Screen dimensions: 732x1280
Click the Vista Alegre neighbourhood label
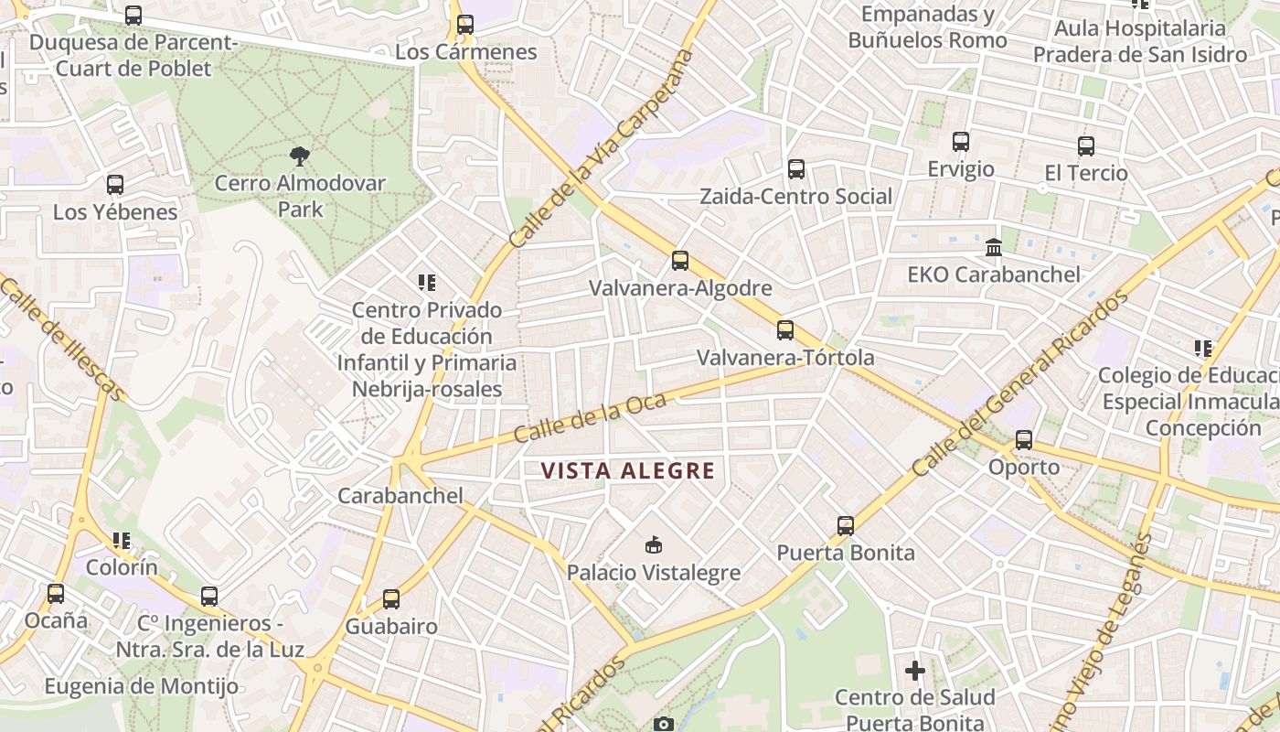pyautogui.click(x=627, y=471)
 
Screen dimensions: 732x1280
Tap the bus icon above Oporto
pyautogui.click(x=1024, y=440)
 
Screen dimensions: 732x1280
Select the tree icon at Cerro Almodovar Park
pyautogui.click(x=299, y=156)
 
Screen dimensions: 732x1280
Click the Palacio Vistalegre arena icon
pyautogui.click(x=653, y=545)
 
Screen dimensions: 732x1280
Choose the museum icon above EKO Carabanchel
pyautogui.click(x=994, y=247)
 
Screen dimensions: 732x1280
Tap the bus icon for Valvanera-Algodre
pyautogui.click(x=680, y=261)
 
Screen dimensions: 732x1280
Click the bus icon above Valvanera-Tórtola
pyautogui.click(x=785, y=330)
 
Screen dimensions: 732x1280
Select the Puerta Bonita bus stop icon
pyautogui.click(x=846, y=526)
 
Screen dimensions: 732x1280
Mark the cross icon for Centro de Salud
pyautogui.click(x=914, y=671)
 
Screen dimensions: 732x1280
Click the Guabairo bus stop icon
pyautogui.click(x=391, y=599)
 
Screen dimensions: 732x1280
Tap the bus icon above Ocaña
pyautogui.click(x=56, y=594)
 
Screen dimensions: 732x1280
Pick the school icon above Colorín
pyautogui.click(x=122, y=541)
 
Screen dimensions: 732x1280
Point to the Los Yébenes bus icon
pyautogui.click(x=115, y=185)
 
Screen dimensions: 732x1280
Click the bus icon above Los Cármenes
pyautogui.click(x=465, y=25)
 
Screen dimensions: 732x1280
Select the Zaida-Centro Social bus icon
pyautogui.click(x=796, y=169)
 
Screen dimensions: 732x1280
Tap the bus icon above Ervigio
pyautogui.click(x=961, y=142)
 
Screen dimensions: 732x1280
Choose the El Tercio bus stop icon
pyautogui.click(x=1086, y=146)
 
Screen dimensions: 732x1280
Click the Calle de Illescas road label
pyautogui.click(x=62, y=339)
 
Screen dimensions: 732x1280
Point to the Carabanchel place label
pyautogui.click(x=400, y=496)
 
